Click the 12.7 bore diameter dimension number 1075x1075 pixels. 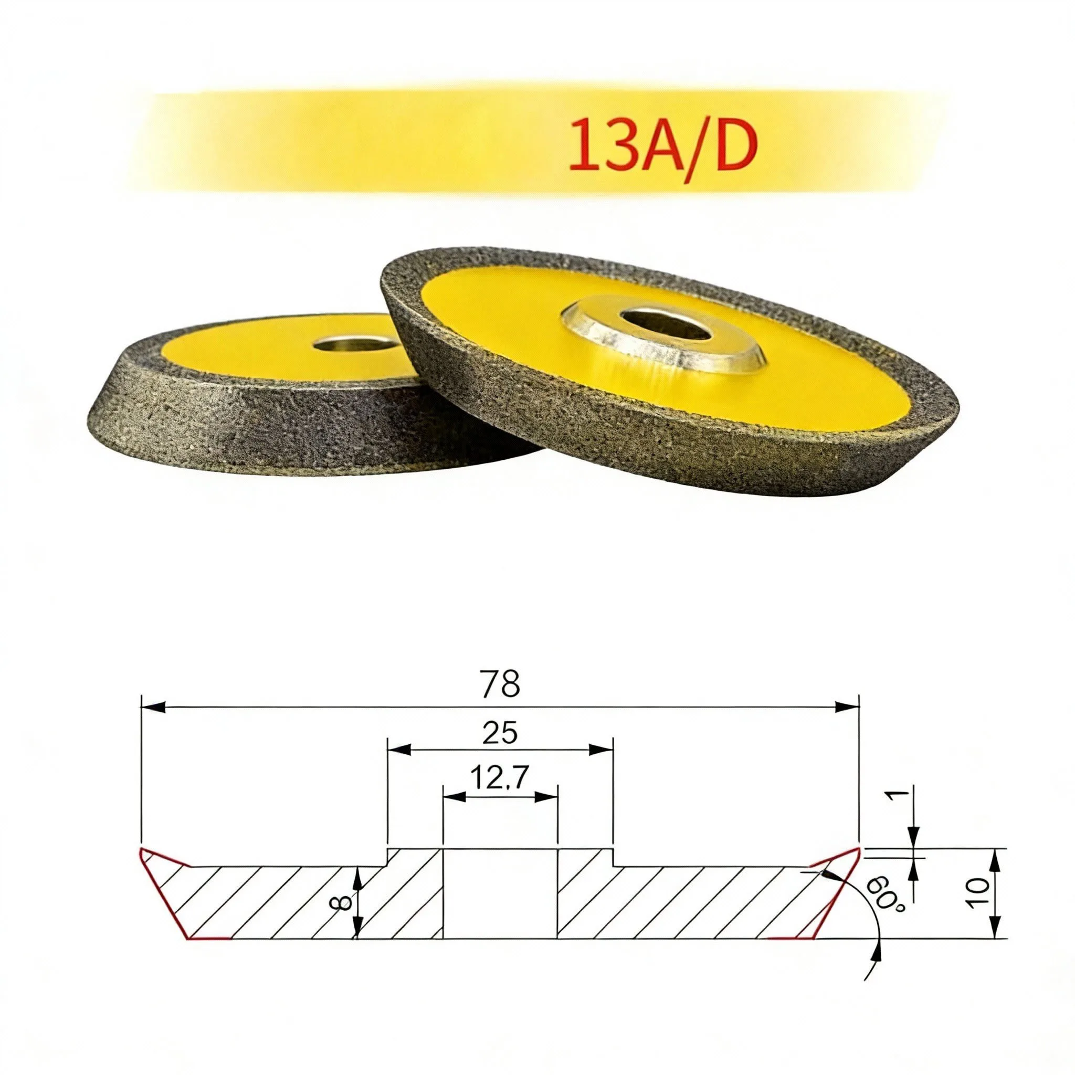[x=499, y=777]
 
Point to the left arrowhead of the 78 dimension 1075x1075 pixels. [x=153, y=707]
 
